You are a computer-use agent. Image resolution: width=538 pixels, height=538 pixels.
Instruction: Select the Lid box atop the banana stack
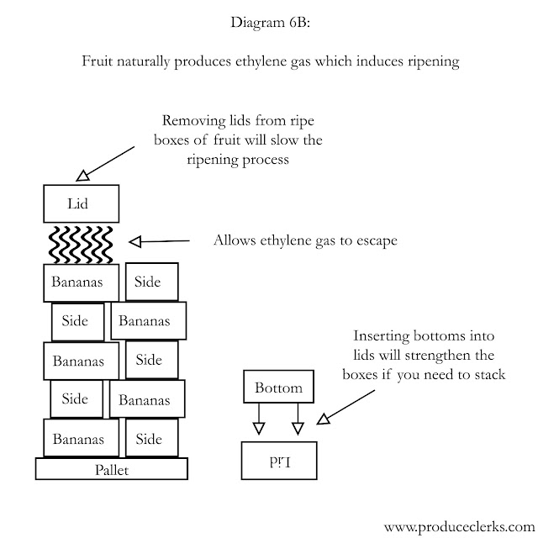[80, 203]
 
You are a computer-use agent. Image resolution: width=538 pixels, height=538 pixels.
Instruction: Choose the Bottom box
[278, 388]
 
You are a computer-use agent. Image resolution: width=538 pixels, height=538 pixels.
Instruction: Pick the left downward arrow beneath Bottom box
[259, 420]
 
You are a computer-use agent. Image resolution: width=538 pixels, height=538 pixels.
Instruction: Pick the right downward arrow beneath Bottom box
[298, 420]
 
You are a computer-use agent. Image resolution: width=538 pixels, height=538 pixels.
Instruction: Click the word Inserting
[383, 335]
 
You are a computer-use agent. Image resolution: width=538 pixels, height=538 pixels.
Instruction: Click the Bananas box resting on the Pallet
[78, 438]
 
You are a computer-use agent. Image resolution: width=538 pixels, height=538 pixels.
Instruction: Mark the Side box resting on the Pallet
[149, 438]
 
